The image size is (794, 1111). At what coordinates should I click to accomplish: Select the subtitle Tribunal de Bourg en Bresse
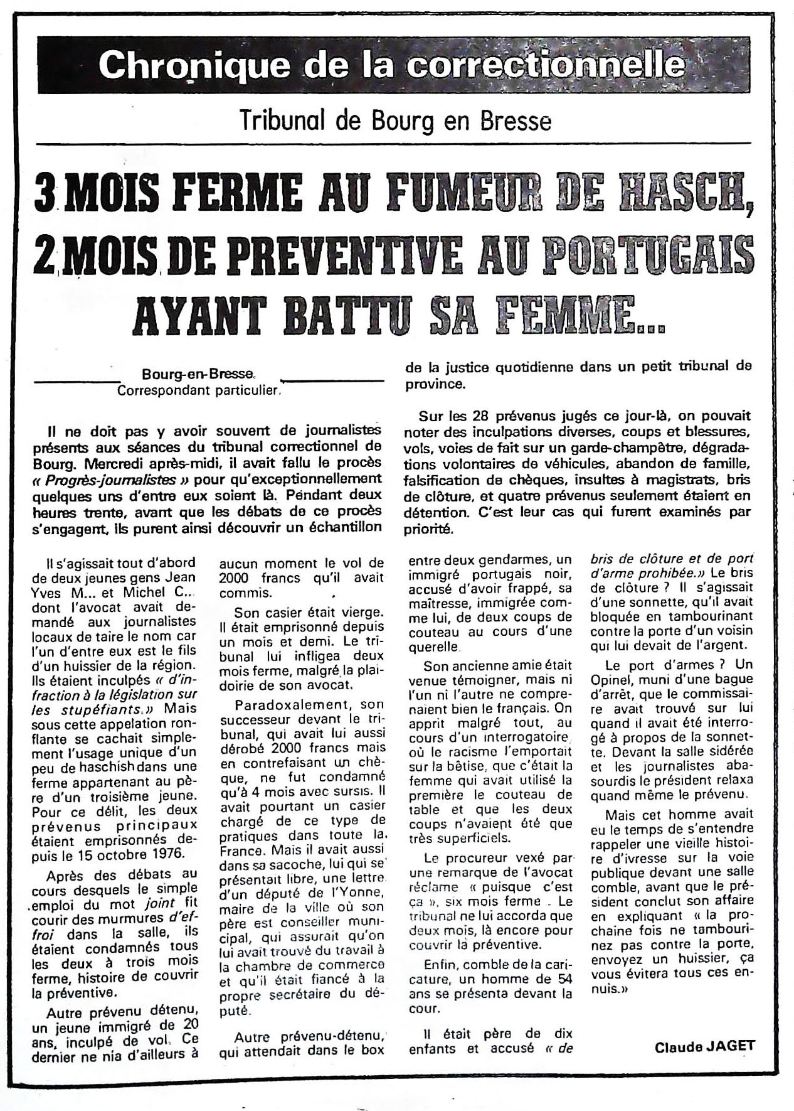coord(396,121)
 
